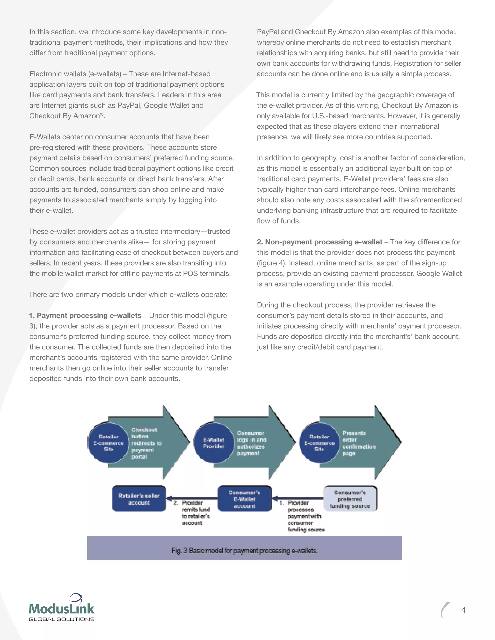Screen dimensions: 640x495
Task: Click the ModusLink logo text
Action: pyautogui.click(x=62, y=609)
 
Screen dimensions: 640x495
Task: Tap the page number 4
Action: pyautogui.click(x=463, y=610)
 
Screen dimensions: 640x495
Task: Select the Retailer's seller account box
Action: pyautogui.click(x=139, y=499)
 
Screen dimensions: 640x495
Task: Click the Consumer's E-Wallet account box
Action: pyautogui.click(x=245, y=499)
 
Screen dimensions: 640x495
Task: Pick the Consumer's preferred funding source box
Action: pyautogui.click(x=350, y=499)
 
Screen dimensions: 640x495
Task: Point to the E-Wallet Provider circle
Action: pyautogui.click(x=214, y=443)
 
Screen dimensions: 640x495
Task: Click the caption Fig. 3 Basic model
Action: pyautogui.click(x=244, y=551)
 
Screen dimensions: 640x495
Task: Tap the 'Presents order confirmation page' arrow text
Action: pyautogui.click(x=358, y=443)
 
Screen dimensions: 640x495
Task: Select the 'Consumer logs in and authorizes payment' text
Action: pyautogui.click(x=251, y=443)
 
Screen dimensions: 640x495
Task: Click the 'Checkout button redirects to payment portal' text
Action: pyautogui.click(x=146, y=443)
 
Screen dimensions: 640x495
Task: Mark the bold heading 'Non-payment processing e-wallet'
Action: pyautogui.click(x=319, y=242)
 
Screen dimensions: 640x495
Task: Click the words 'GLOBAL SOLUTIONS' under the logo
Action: pyautogui.click(x=62, y=619)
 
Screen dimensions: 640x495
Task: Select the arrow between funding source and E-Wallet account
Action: pyautogui.click(x=298, y=498)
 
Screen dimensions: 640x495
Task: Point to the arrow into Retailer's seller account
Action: pyautogui.click(x=192, y=498)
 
